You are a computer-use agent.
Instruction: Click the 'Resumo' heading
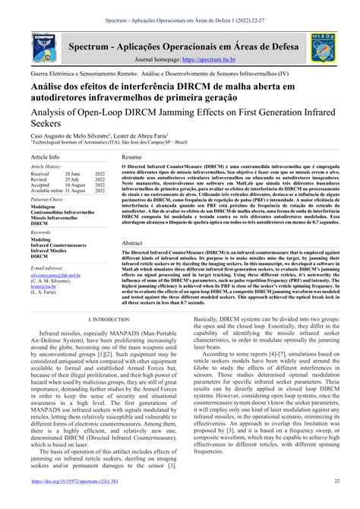[132, 156]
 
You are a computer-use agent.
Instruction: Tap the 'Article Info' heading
[45, 156]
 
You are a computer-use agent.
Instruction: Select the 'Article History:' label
[46, 166]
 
